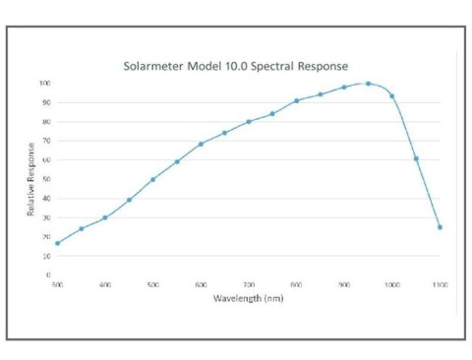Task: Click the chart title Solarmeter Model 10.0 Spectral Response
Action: (x=235, y=67)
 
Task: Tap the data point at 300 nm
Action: (x=57, y=243)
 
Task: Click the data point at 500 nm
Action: (x=153, y=179)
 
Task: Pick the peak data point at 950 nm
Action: (x=369, y=84)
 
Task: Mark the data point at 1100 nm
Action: (x=440, y=227)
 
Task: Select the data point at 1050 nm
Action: (x=416, y=158)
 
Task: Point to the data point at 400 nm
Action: (x=105, y=217)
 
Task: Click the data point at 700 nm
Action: (x=249, y=121)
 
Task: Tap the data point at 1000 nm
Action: (x=392, y=96)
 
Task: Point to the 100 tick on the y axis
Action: (x=45, y=84)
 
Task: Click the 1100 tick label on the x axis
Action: (x=440, y=285)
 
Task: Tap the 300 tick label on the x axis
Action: (x=57, y=285)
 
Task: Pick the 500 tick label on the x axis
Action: (x=153, y=285)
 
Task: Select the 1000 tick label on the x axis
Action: (x=392, y=285)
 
